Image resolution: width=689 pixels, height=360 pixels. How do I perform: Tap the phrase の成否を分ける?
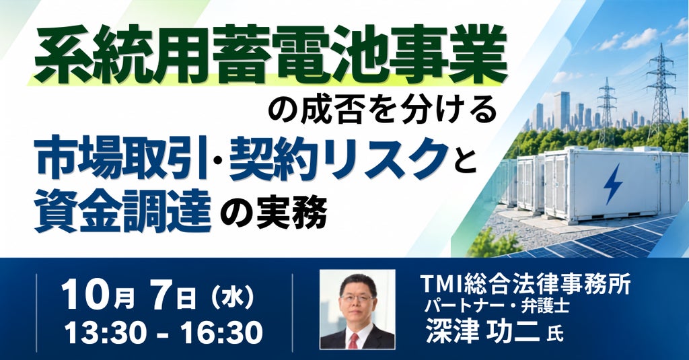point(382,112)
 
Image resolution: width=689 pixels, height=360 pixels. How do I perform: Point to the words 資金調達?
point(122,211)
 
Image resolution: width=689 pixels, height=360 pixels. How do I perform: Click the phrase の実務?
point(273,212)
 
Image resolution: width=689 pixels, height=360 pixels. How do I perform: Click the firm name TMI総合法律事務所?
point(525,283)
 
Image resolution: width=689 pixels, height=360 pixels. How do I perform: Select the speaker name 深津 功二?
point(482,330)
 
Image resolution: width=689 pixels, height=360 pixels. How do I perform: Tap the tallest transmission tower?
point(661,90)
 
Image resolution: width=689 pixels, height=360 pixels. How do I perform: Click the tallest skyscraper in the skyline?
point(562,110)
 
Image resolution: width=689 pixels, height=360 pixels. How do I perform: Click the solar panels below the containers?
point(615,240)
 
